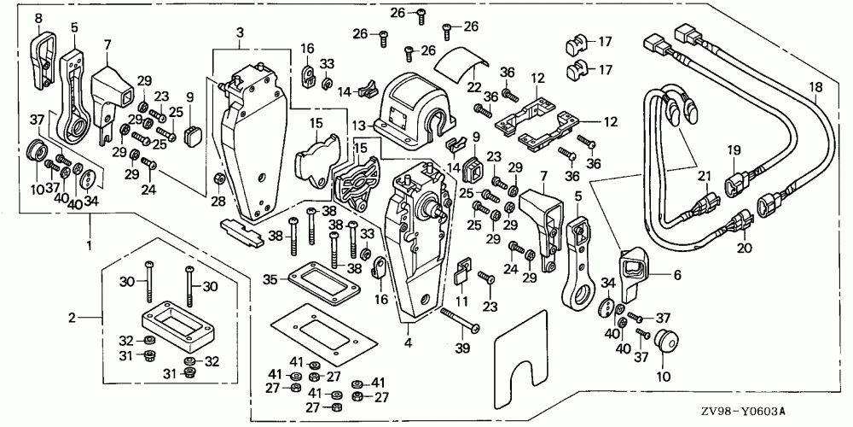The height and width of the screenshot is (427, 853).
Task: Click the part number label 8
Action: [x=38, y=16]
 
